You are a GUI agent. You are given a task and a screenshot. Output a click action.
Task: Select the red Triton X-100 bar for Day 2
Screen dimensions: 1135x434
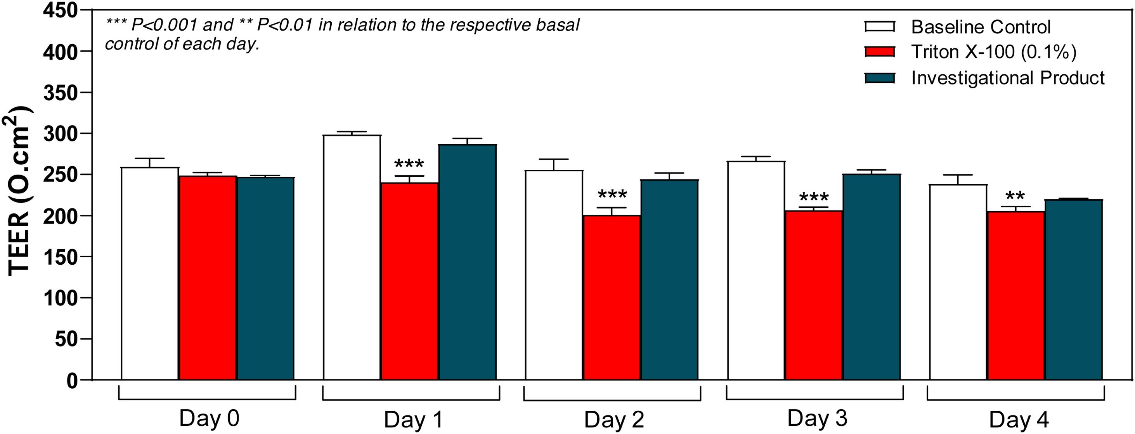[x=612, y=298]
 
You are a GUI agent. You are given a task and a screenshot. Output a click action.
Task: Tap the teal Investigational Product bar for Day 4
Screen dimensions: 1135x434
[x=1073, y=289]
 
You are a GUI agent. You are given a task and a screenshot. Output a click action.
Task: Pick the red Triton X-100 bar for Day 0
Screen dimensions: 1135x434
[x=208, y=278]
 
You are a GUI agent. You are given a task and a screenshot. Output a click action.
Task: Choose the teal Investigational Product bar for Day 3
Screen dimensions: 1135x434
[x=871, y=277]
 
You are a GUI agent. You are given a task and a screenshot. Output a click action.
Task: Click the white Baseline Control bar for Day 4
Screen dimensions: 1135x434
[x=958, y=282]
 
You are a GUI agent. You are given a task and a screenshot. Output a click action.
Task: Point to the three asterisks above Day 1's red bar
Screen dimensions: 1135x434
[x=409, y=165]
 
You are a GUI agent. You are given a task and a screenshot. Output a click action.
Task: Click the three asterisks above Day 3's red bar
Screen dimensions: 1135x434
[x=813, y=197]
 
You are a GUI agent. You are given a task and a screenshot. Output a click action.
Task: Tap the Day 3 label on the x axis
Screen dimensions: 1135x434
[x=817, y=418]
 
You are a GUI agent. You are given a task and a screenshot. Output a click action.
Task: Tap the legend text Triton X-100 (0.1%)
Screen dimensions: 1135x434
[x=994, y=52]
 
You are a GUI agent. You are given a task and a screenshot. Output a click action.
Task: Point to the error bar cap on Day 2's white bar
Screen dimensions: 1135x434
[x=554, y=159]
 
